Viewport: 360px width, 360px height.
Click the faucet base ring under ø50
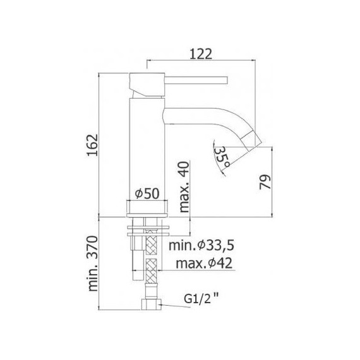coord(148,209)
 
